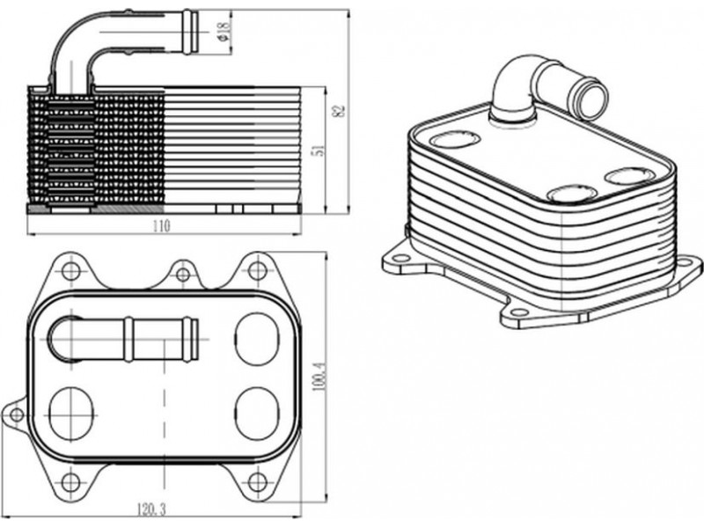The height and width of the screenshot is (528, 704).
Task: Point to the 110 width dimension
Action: coord(160,226)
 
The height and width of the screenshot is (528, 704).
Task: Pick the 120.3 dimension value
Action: coord(152,510)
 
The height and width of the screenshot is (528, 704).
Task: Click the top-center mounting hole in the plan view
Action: coord(182,275)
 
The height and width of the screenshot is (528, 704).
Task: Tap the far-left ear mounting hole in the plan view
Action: coord(15,414)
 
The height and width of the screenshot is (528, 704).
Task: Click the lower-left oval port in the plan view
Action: coord(70,411)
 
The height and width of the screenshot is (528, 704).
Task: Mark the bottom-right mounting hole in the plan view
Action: coord(256,480)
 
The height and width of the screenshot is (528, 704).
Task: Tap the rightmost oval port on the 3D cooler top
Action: coord(630,176)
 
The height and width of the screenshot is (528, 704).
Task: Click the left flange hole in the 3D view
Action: coord(400,259)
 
